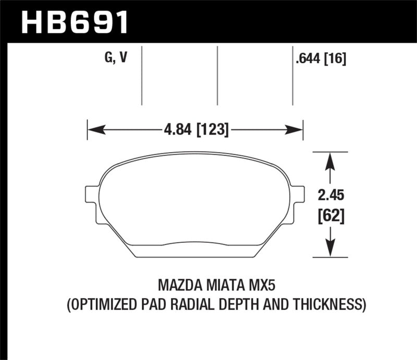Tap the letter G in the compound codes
point(108,58)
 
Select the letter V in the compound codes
point(123,58)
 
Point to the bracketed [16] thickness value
point(336,59)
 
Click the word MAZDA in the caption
point(178,286)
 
